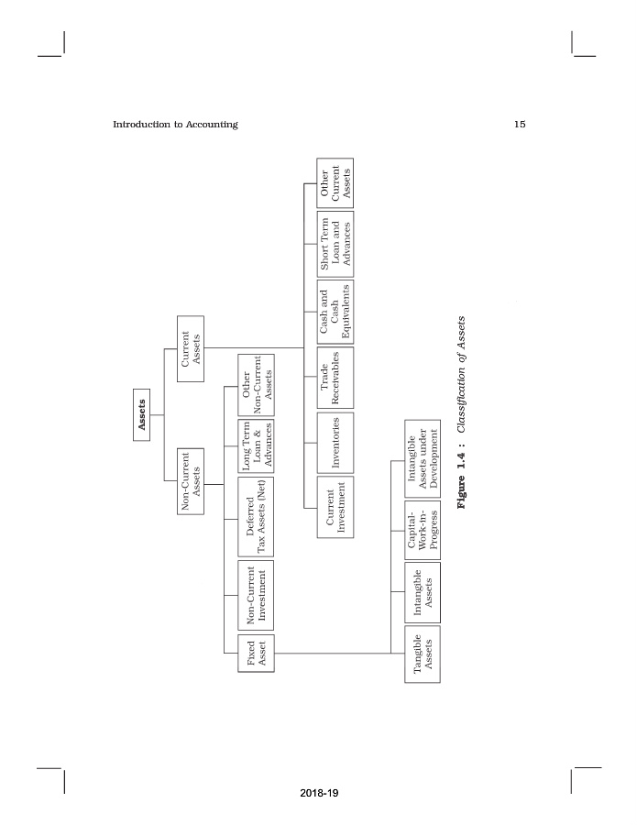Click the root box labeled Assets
[141, 415]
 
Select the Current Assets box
[191, 349]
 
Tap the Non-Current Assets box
[191, 481]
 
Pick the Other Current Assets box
[335, 183]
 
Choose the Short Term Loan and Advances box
[335, 244]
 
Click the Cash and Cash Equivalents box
[335, 312]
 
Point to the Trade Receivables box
[335, 378]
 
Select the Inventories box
[335, 443]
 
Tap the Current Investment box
[335, 507]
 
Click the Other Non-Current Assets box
[256, 385]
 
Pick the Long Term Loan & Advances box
[256, 446]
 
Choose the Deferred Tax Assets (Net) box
[256, 517]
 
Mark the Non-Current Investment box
[256, 595]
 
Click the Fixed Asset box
[256, 653]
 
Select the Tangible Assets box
[423, 654]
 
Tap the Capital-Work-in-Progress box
[423, 531]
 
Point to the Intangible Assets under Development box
[423, 459]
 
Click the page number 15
[520, 124]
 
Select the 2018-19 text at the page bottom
[319, 793]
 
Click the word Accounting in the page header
[212, 125]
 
